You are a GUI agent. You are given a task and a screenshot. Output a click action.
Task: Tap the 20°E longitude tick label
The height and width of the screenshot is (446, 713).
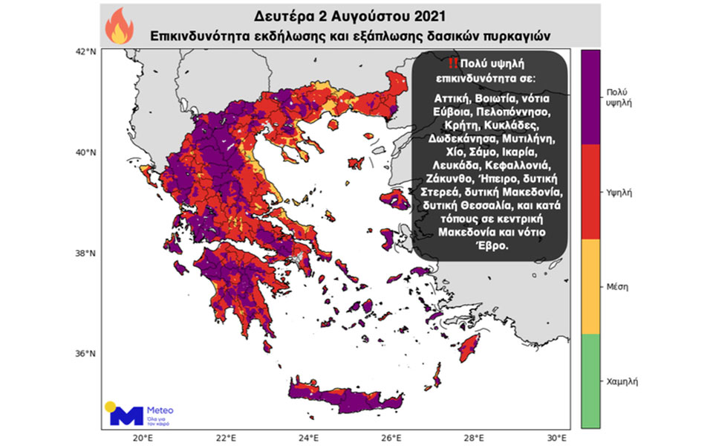click(x=143, y=436)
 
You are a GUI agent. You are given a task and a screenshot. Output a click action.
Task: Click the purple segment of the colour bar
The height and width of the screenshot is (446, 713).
click(x=590, y=97)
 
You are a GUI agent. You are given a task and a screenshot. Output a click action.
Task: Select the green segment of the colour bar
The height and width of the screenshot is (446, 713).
click(x=590, y=381)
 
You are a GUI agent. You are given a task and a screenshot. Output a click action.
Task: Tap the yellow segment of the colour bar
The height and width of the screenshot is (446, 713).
click(x=590, y=286)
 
